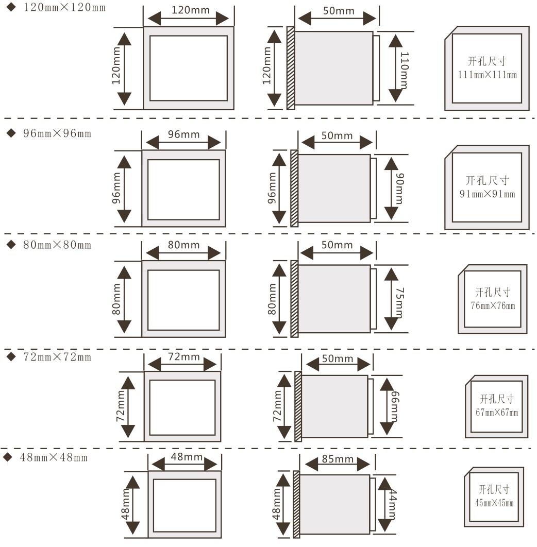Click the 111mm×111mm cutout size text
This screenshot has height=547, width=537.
[487, 75]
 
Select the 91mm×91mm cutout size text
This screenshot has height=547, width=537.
[487, 194]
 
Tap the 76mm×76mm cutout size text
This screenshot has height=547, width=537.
[493, 306]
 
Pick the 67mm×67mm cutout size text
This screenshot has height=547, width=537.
[497, 413]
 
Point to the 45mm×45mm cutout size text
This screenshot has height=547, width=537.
[494, 503]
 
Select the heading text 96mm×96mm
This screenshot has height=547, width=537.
[57, 133]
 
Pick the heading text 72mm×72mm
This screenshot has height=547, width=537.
[57, 356]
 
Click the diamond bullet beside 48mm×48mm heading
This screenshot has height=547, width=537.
[8, 457]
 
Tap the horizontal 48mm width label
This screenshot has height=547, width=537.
[186, 457]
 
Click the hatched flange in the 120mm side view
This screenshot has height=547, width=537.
[291, 68]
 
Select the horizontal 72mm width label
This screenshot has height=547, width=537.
[183, 357]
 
